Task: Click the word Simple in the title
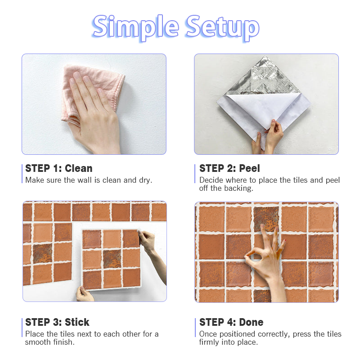[135, 27]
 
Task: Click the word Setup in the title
[222, 27]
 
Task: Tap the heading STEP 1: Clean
[59, 168]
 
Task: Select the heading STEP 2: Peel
[229, 168]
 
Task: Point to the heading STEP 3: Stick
[57, 322]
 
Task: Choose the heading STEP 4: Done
[231, 322]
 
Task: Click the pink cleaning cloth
[92, 92]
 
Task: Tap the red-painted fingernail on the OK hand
[285, 240]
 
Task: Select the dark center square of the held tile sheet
[112, 258]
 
